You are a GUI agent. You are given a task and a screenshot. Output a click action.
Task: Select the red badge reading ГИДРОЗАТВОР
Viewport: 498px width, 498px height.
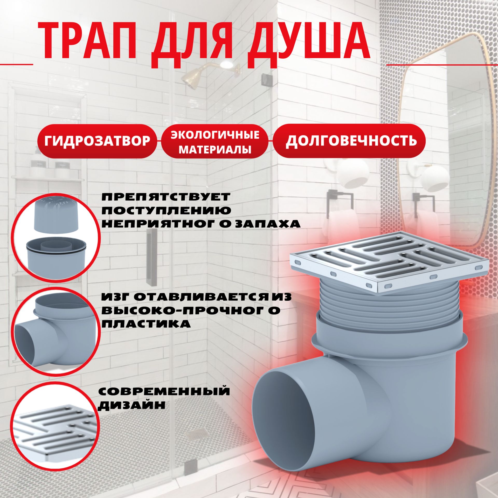click(x=97, y=141)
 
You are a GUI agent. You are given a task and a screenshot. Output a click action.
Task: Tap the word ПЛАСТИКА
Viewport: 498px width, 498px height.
click(x=146, y=324)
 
